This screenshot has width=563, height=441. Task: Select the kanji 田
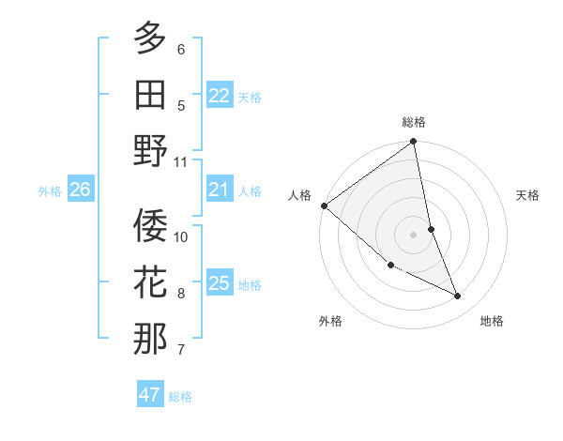click(x=150, y=94)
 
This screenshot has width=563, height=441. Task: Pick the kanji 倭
click(x=150, y=225)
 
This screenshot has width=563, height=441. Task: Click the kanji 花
click(x=150, y=281)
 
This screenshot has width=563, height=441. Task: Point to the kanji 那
click(x=150, y=339)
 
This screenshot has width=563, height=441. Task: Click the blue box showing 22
click(x=220, y=96)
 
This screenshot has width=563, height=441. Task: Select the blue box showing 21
click(x=220, y=190)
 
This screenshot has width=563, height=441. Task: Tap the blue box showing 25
click(x=220, y=283)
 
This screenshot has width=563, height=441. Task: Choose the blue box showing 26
click(x=80, y=190)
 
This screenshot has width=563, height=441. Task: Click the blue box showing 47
click(x=150, y=395)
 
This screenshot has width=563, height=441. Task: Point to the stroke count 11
click(x=181, y=161)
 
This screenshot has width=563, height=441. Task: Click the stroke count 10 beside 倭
click(x=181, y=236)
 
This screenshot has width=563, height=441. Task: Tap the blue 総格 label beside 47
click(x=180, y=397)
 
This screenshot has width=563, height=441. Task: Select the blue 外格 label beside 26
click(x=50, y=191)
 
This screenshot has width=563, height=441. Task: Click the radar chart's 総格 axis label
click(x=414, y=122)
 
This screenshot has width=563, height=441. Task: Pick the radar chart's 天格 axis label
click(x=528, y=195)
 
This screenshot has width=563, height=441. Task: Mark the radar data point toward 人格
click(x=324, y=205)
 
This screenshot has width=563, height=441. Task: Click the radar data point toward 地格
click(x=458, y=297)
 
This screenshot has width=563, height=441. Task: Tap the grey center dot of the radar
click(x=414, y=234)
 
